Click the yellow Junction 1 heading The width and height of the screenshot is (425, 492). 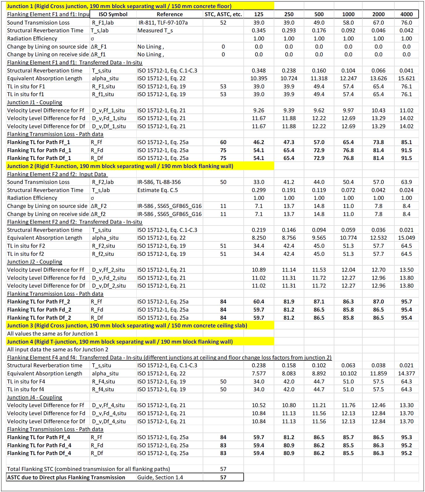(119, 6)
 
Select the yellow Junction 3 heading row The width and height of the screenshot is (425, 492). (127, 326)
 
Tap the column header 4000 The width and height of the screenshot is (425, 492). (406, 14)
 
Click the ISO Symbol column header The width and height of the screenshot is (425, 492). (113, 14)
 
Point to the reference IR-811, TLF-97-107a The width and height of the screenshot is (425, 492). (162, 23)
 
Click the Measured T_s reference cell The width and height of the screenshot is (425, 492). (155, 31)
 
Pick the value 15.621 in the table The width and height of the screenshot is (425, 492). (406, 79)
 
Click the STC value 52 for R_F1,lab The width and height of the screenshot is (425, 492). (223, 23)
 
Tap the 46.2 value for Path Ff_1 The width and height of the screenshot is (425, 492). (259, 142)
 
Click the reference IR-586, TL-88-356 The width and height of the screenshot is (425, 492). (159, 182)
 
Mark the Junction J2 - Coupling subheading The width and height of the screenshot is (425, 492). (35, 262)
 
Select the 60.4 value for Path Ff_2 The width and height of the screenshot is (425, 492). (259, 302)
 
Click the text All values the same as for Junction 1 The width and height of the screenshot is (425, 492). (53, 334)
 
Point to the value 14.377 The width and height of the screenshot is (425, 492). (406, 374)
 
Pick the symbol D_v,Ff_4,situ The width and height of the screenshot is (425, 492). (108, 405)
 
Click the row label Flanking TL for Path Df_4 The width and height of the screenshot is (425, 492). (39, 453)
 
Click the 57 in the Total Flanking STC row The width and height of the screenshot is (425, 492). (223, 469)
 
